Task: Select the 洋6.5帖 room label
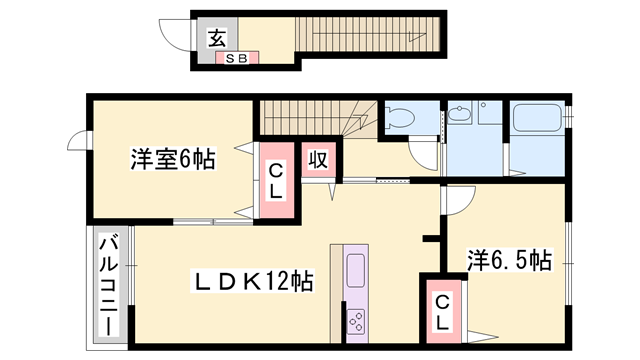point(509,262)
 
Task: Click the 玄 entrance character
point(215,39)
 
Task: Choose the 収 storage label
point(318,160)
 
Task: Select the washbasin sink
point(462,118)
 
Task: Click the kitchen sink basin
point(357,270)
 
